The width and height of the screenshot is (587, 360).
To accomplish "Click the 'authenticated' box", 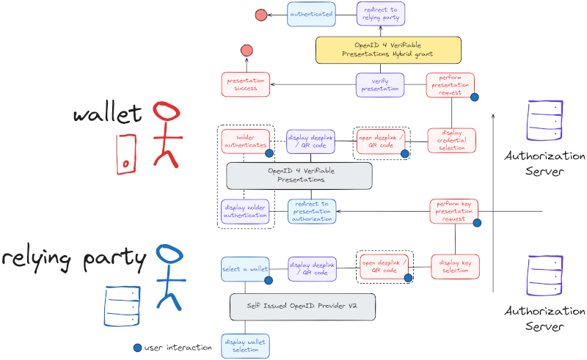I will tap(311, 14).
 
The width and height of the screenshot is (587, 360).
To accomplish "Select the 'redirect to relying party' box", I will tap(380, 14).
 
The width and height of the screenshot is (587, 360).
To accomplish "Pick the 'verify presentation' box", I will tap(380, 84).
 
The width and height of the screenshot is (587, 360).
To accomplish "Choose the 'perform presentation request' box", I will tap(450, 84).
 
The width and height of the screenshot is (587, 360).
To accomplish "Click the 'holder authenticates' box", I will tap(245, 141).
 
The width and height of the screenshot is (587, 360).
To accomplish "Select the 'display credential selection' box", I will tap(451, 140).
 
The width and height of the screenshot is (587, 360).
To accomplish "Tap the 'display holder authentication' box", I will tap(244, 211).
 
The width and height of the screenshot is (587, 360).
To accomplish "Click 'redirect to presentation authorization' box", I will tap(312, 211).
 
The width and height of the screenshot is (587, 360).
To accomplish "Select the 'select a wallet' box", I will tap(244, 268).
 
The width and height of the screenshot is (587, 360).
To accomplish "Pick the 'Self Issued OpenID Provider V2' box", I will tap(302, 306).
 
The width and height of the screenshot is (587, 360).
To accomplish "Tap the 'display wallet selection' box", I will tap(245, 345).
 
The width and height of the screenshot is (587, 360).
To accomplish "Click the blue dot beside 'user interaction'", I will tap(138, 347).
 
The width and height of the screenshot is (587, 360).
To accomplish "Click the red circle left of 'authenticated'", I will tap(260, 15).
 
